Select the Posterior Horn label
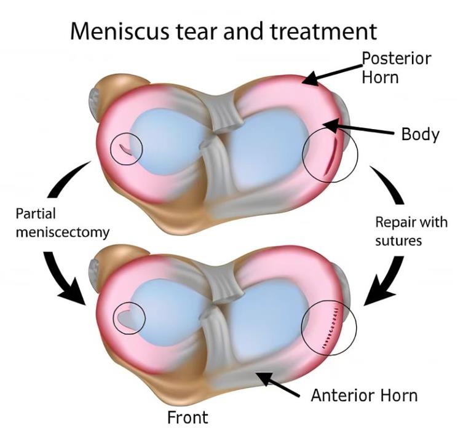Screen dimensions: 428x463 coord(396,68)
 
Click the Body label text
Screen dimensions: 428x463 coord(420,133)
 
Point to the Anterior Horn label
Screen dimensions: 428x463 coord(364,394)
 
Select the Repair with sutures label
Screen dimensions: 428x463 coord(411,231)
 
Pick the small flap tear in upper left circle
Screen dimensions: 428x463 coord(125,148)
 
